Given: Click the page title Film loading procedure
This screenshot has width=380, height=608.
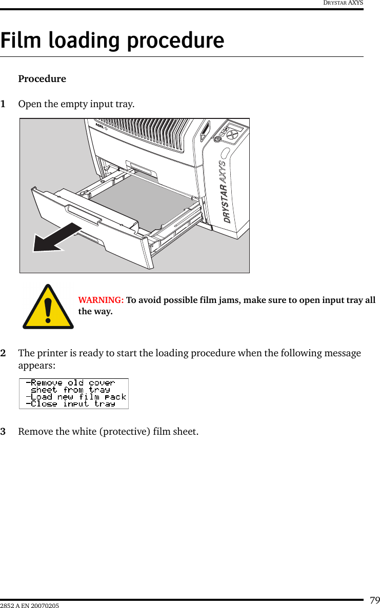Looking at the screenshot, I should click(112, 40).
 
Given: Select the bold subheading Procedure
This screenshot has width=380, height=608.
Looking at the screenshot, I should click(42, 79).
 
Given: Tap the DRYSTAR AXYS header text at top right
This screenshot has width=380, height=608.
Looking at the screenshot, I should click(343, 3).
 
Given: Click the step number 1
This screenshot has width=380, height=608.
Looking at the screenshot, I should click(4, 105).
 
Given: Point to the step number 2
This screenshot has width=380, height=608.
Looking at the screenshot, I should click(4, 354).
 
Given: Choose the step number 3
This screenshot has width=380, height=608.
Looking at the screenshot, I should click(4, 432).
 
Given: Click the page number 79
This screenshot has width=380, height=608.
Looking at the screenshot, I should click(374, 600).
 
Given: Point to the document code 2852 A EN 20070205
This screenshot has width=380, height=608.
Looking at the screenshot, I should click(30, 606).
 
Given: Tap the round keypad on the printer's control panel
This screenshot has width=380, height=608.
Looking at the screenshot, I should click(233, 133).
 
